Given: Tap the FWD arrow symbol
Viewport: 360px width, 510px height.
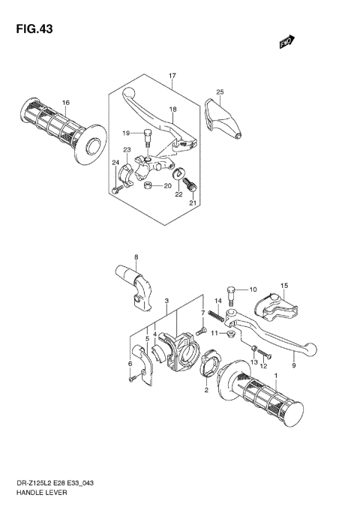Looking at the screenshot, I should click(x=286, y=43).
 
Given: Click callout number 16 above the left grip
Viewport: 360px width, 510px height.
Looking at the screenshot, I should click(x=66, y=103).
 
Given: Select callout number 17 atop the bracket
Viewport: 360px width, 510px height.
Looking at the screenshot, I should click(x=172, y=76).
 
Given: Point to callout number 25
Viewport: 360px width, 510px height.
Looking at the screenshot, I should click(x=220, y=92).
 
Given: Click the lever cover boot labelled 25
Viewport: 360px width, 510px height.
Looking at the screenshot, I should click(x=223, y=116).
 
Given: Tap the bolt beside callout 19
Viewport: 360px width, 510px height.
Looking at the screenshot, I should click(x=148, y=137).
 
